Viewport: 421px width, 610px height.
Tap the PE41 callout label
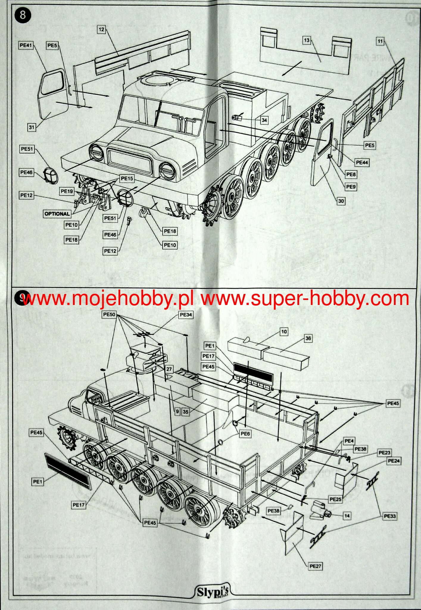click(26, 45)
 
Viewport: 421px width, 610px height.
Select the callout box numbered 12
click(102, 29)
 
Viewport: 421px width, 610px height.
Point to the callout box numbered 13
click(307, 40)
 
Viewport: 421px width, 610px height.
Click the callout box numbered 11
click(380, 41)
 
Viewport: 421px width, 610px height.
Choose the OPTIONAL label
click(57, 214)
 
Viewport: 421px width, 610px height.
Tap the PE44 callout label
click(362, 163)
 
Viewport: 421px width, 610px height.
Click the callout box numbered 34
click(264, 120)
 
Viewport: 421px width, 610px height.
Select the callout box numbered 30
click(341, 201)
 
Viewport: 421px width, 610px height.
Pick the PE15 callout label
click(127, 178)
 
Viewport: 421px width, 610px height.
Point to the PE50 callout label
click(109, 315)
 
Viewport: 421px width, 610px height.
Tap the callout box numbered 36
click(308, 338)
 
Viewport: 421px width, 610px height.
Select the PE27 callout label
click(315, 566)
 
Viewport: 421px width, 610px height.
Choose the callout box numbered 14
click(347, 516)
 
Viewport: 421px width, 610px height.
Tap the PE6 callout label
click(245, 434)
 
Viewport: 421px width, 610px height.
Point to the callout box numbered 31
click(32, 127)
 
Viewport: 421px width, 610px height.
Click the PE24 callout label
click(394, 461)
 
